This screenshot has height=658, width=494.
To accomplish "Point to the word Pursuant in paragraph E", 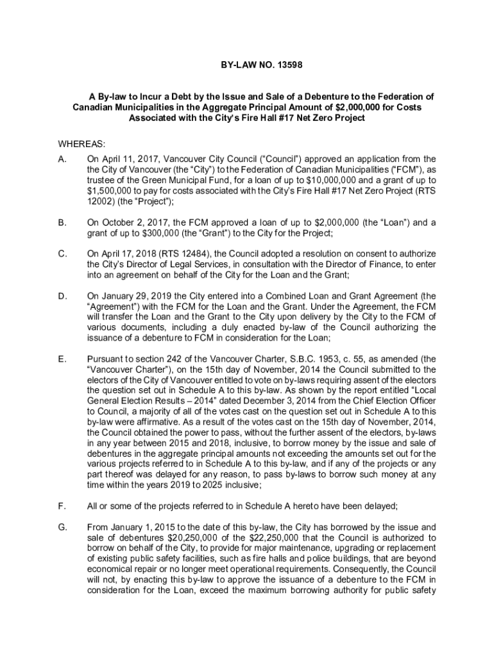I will click(106, 359).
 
